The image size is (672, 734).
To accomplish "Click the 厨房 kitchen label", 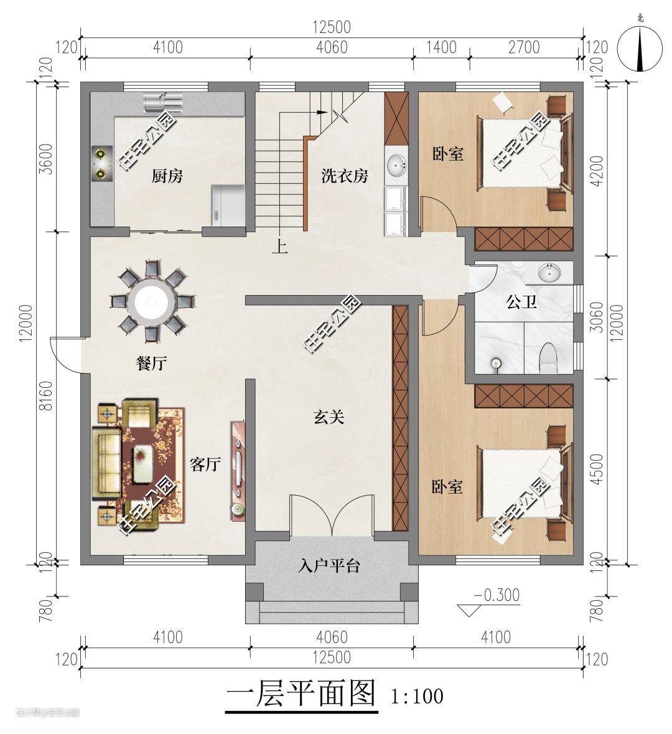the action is point(167,176).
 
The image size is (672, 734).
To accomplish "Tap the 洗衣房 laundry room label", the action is point(345,176).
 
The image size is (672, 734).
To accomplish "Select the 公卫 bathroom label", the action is point(521,302).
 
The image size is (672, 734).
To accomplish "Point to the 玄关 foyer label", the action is point(329,416).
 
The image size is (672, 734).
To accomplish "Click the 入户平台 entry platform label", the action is point(329,566).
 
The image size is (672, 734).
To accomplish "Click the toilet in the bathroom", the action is point(548,358).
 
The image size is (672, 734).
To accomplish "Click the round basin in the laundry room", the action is point(396,165).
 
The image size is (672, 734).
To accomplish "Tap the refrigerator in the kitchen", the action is point(228,205).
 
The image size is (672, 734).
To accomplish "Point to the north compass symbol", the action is point(640,48).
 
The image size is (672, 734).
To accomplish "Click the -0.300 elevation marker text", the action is point(497,595).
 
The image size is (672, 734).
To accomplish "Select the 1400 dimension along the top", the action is point(442,47).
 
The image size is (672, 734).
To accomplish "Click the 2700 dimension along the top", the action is point(524,47).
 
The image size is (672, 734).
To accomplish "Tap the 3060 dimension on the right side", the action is point(597,317).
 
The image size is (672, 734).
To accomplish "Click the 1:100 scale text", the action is point(417,696).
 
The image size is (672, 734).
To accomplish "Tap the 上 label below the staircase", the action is point(280,247).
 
